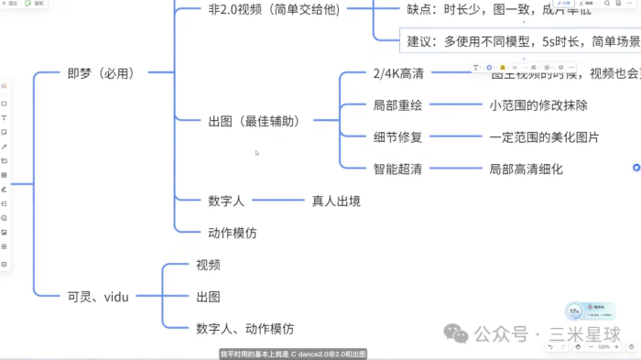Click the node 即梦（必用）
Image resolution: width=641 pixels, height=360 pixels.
(101, 73)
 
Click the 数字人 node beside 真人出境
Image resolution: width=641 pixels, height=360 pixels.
(225, 200)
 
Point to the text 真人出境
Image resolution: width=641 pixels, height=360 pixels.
(337, 200)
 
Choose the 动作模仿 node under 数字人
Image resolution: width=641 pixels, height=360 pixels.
(233, 233)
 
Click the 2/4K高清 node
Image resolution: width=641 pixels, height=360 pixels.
(399, 73)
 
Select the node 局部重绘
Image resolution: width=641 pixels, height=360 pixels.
(397, 105)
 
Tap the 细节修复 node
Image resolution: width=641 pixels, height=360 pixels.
(397, 137)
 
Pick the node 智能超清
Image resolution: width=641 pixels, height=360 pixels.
(397, 169)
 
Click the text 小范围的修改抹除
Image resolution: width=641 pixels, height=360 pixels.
(538, 105)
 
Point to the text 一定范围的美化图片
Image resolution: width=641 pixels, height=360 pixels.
(544, 137)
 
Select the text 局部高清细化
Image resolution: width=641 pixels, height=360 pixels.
(526, 169)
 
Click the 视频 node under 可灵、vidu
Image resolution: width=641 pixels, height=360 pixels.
(208, 265)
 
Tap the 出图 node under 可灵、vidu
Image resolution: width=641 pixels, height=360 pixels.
(208, 296)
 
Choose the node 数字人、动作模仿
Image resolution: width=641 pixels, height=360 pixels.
(244, 328)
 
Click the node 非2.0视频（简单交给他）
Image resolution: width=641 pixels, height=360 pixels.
(274, 9)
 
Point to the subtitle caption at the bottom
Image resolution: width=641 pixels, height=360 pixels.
(293, 354)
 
